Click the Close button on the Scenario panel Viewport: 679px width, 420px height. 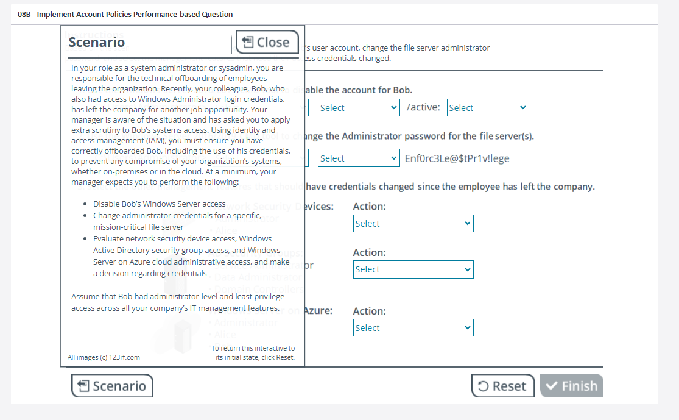tap(267, 42)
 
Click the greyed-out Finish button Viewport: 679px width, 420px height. tap(571, 386)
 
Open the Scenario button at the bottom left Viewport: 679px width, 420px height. tap(112, 386)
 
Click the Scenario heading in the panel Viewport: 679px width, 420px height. tap(97, 42)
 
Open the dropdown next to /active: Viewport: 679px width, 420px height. tap(487, 108)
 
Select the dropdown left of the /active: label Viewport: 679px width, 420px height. tap(359, 108)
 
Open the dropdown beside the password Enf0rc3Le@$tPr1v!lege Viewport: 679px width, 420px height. tap(359, 158)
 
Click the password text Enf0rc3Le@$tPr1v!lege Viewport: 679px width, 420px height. tap(457, 158)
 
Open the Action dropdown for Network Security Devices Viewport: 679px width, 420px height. tap(413, 224)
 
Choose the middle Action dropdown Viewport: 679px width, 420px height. tap(413, 269)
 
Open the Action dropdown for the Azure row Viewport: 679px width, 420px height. tap(413, 328)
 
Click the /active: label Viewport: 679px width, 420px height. tap(423, 108)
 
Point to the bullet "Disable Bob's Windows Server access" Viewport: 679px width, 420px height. tap(159, 204)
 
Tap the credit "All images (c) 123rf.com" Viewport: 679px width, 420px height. tap(104, 357)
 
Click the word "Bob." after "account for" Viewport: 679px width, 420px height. tap(402, 90)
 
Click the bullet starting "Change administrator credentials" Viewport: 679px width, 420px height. tap(177, 221)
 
